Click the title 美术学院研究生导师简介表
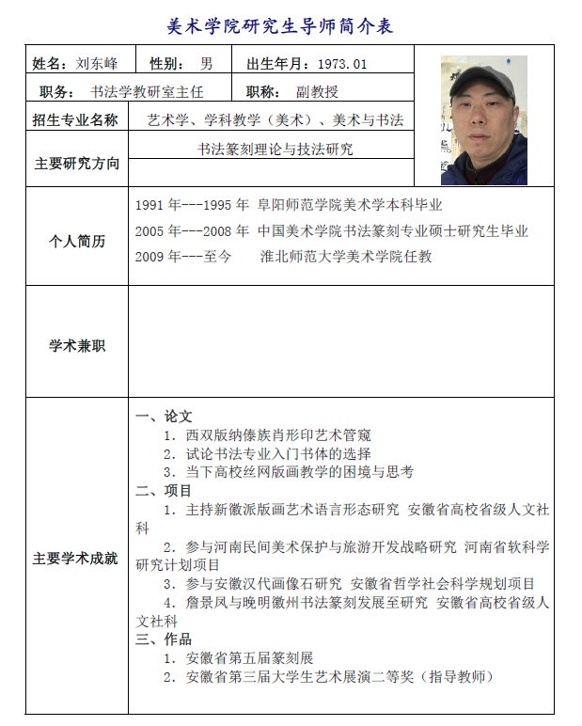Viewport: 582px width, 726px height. (279, 26)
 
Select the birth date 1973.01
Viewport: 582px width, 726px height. (342, 64)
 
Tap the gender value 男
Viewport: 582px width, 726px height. (206, 64)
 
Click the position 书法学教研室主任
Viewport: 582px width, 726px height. (147, 92)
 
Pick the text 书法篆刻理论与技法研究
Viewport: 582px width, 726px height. (275, 149)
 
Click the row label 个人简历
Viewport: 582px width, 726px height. (76, 242)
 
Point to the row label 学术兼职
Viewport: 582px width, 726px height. (76, 346)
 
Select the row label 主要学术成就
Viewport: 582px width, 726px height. (76, 559)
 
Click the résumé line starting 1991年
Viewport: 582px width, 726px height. (289, 205)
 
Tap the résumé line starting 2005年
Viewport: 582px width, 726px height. (332, 230)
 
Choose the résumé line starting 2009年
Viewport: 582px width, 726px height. (284, 256)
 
